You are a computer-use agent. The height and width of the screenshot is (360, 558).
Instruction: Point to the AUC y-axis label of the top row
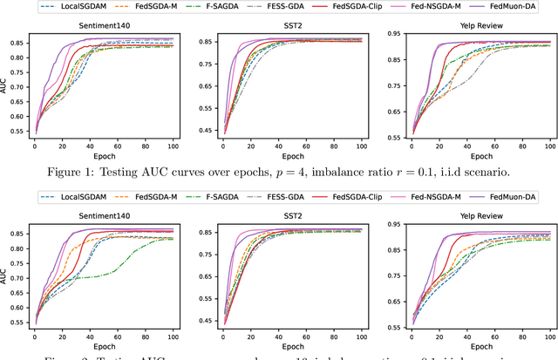click(7, 85)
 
